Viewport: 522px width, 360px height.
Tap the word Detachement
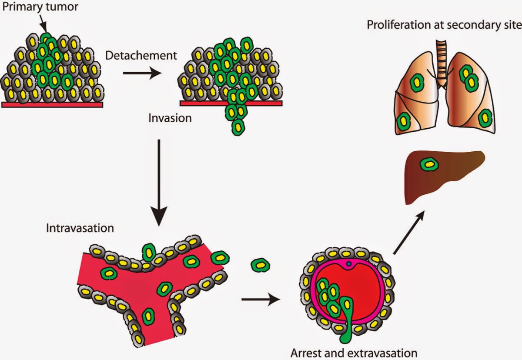pyautogui.click(x=141, y=55)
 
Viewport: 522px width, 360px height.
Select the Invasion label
pyautogui.click(x=170, y=118)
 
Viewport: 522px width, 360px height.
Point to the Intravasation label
pyautogui.click(x=80, y=228)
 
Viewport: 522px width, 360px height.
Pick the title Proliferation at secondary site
pyautogui.click(x=444, y=24)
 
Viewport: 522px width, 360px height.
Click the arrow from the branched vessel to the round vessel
pyautogui.click(x=260, y=299)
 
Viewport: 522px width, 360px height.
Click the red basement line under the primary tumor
pyautogui.click(x=52, y=104)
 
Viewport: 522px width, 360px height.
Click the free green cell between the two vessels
pyautogui.click(x=260, y=264)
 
